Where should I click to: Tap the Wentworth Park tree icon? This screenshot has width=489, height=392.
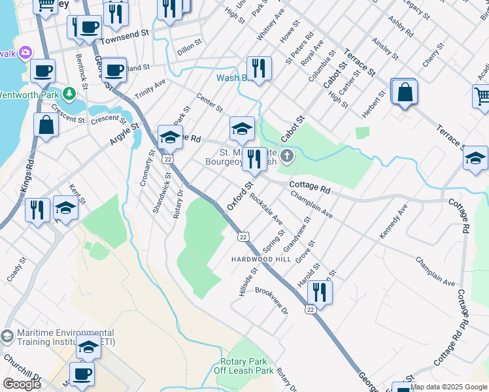pyautogui.click(x=69, y=94)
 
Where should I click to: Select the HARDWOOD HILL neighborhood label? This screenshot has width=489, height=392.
pyautogui.click(x=260, y=259)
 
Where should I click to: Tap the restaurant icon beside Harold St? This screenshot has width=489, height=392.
pyautogui.click(x=319, y=291)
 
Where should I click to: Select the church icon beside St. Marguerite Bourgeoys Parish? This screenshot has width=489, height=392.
pyautogui.click(x=288, y=156)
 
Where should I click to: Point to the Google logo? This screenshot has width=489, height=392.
pyautogui.click(x=22, y=384)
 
